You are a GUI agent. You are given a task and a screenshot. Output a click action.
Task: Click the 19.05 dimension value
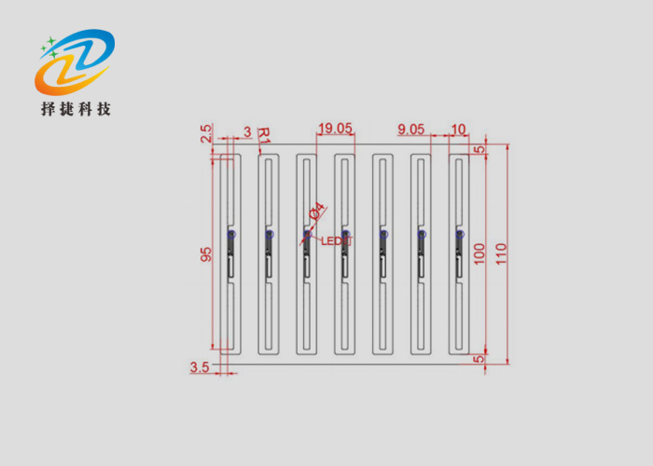click(336, 129)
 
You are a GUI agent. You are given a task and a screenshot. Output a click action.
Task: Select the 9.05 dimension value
click(411, 129)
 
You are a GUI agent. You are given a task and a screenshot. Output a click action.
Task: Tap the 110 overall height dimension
click(501, 254)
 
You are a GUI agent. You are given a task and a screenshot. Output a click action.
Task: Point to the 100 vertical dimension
click(479, 254)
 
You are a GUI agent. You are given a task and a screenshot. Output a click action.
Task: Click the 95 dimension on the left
click(206, 254)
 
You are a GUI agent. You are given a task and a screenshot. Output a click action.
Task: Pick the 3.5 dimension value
click(200, 367)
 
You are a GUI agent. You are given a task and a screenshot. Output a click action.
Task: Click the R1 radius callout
click(263, 135)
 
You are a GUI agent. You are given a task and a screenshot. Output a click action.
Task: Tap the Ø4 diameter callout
click(316, 212)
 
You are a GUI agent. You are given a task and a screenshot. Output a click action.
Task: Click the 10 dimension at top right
click(458, 129)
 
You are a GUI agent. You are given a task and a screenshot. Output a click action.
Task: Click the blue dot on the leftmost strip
click(230, 235)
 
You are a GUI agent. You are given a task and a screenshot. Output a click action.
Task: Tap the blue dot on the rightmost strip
click(459, 235)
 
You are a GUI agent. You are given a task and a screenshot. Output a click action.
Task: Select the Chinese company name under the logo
click(76, 109)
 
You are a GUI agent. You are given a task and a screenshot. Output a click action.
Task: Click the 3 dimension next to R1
click(247, 132)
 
